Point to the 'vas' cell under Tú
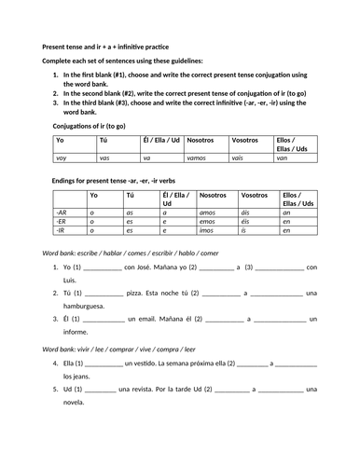(104, 159)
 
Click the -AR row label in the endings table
(62, 212)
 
